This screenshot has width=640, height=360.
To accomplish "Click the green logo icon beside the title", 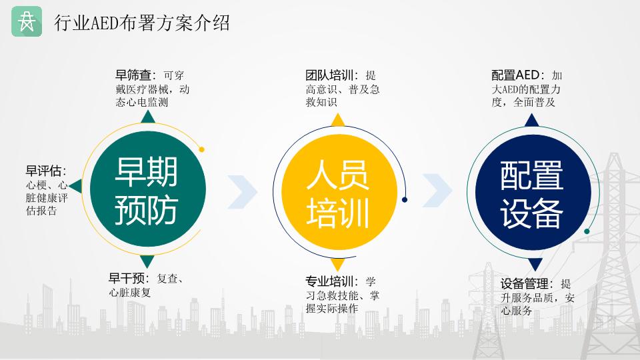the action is (27, 21).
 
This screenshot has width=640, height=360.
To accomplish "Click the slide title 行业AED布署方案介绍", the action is (142, 23).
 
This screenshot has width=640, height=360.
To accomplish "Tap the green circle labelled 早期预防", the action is (147, 189).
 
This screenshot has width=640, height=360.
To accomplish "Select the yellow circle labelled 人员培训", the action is (339, 192).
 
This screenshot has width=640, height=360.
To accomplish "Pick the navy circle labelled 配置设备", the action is (533, 192).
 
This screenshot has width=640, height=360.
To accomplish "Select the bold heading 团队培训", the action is (330, 75).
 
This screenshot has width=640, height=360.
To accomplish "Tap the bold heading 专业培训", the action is (330, 281).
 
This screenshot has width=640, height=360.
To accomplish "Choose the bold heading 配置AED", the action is (516, 75).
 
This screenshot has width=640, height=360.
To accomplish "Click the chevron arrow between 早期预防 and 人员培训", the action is (243, 192).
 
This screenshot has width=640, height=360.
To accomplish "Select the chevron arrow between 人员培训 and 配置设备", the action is (437, 190).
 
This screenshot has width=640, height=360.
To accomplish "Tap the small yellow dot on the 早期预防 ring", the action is (201, 149).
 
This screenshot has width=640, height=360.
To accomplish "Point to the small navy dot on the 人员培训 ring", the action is (405, 199).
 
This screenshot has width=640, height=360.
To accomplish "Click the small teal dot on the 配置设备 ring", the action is (587, 231).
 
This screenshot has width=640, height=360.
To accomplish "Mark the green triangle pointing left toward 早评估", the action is (76, 186).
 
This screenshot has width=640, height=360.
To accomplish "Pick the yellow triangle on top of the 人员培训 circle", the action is (338, 121).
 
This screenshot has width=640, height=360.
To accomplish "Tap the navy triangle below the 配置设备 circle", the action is (535, 264).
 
